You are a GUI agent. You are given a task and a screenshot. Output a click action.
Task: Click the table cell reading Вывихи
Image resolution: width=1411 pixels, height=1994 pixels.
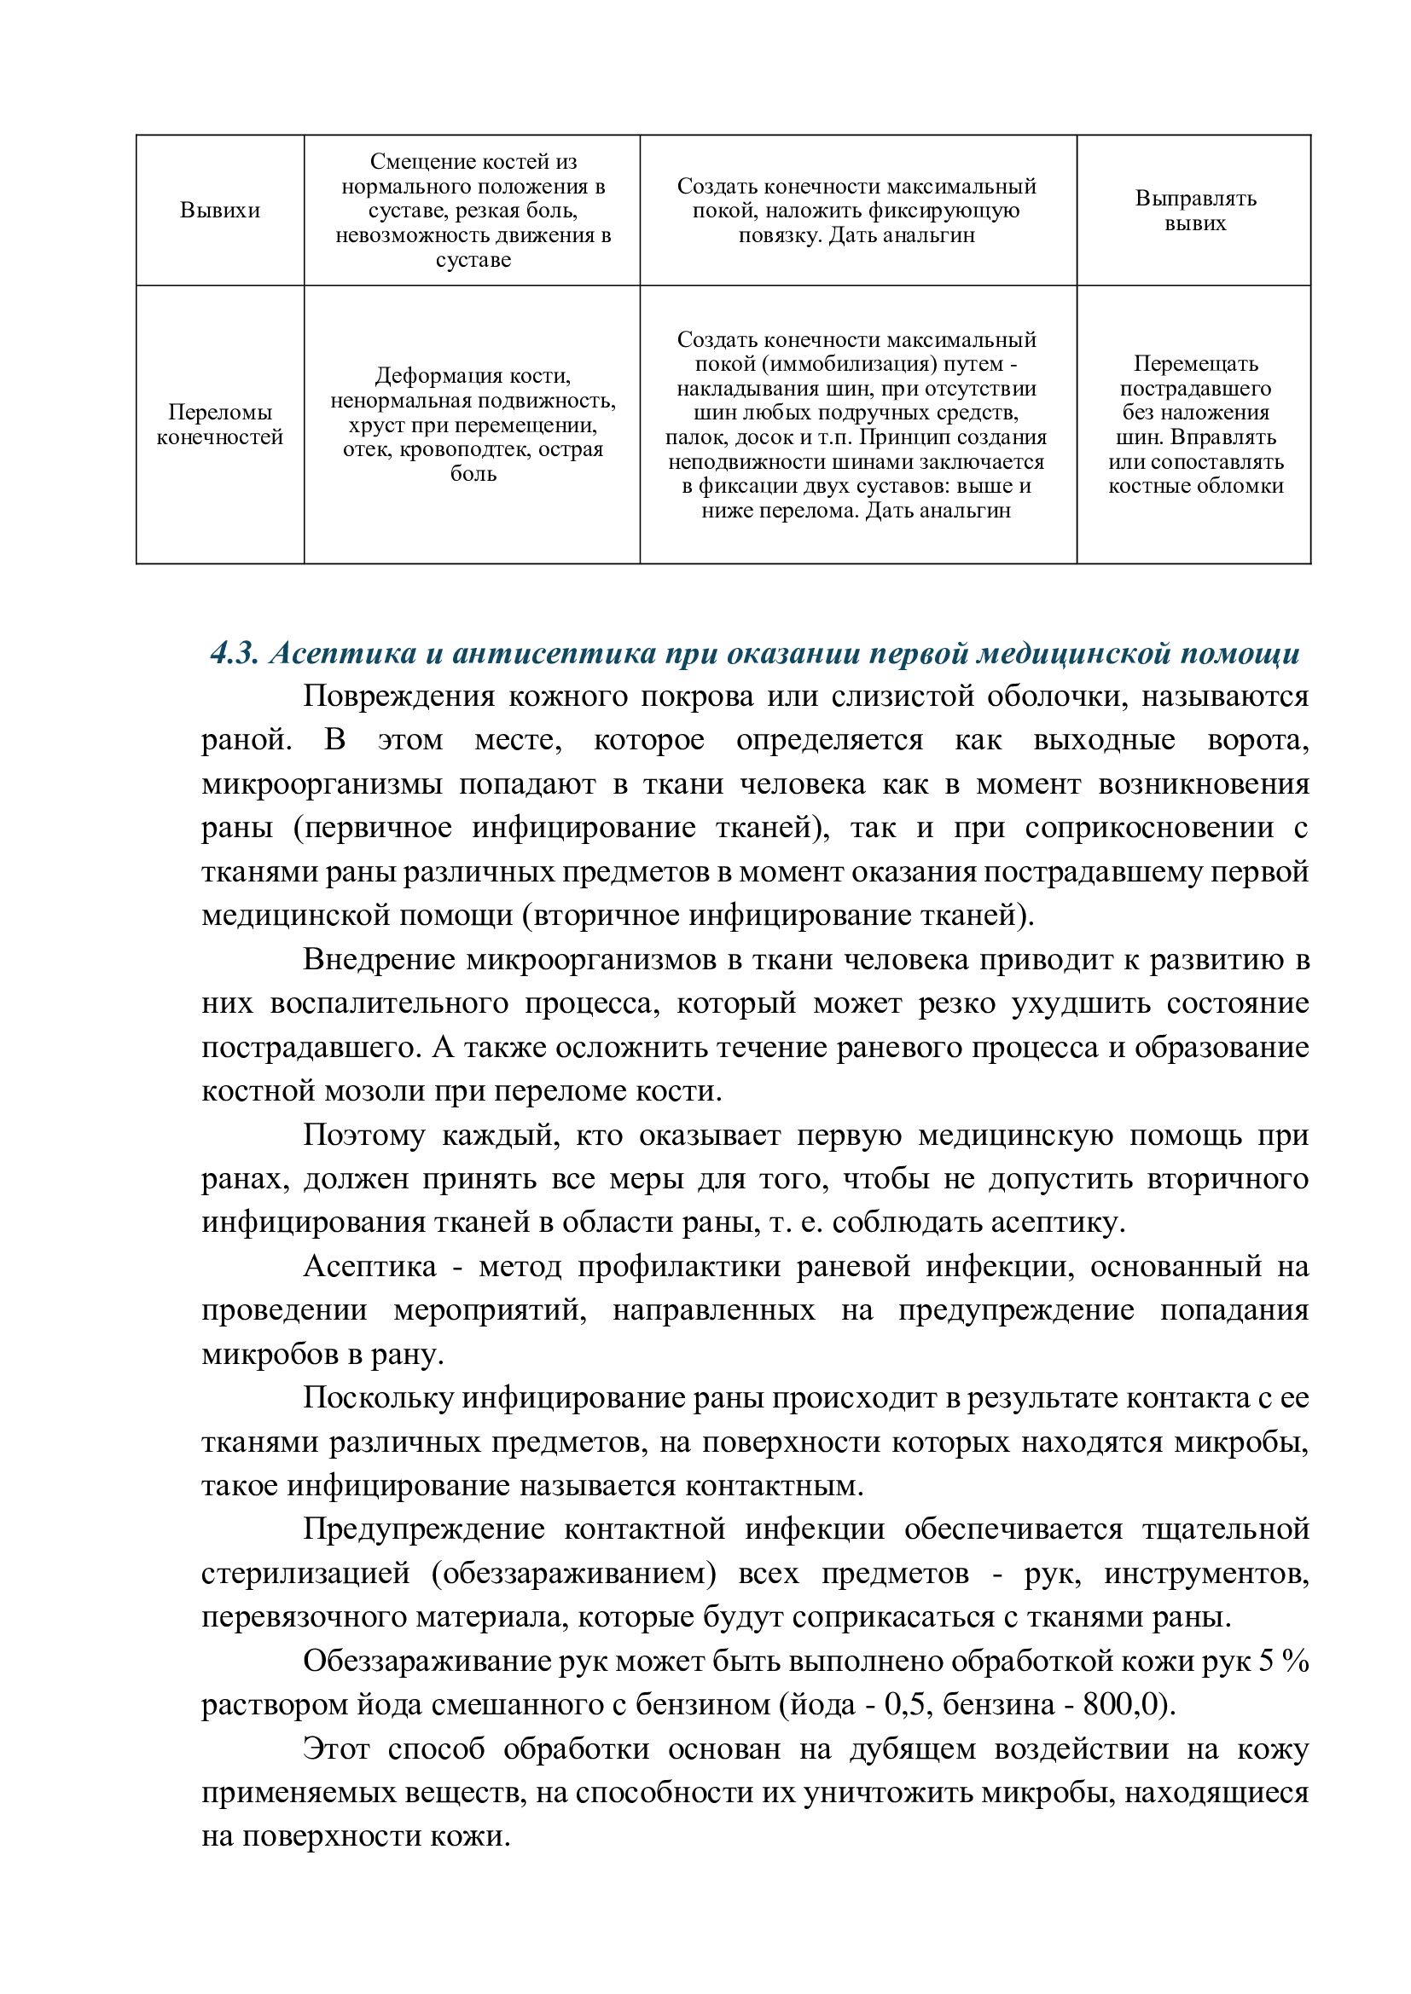point(220,211)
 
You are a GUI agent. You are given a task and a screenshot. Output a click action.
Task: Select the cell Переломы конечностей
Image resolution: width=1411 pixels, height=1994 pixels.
point(220,425)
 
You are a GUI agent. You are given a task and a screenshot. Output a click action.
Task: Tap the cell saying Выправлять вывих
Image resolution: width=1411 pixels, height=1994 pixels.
point(1194,211)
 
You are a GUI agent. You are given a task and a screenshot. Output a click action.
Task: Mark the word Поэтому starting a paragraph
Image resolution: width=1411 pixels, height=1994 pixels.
point(364,1135)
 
